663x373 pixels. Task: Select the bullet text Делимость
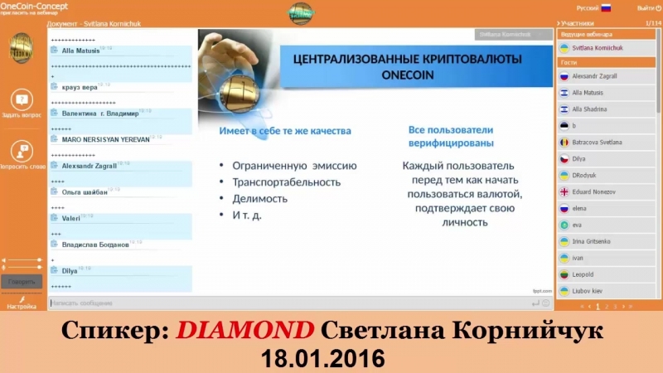(259, 199)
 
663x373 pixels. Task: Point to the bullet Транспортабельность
(287, 182)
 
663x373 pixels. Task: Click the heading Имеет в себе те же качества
(285, 131)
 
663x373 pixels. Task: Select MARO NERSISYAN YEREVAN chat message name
(104, 139)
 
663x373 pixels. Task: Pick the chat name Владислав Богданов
(95, 245)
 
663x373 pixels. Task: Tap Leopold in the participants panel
(584, 274)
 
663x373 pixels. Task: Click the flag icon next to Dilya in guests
(564, 158)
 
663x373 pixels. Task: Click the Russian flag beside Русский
(606, 7)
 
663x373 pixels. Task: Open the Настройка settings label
(22, 306)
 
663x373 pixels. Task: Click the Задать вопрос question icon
(22, 99)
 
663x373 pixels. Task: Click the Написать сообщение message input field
(249, 303)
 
